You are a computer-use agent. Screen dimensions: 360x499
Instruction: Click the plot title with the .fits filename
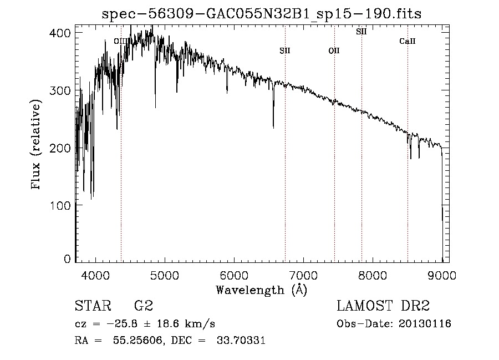click(x=262, y=14)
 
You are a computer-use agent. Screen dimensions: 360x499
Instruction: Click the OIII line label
click(x=120, y=41)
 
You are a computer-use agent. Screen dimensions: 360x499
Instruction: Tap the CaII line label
click(x=408, y=41)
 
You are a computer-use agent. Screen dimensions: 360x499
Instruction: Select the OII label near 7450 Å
click(x=334, y=51)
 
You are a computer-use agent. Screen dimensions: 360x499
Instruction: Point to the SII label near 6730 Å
click(x=285, y=51)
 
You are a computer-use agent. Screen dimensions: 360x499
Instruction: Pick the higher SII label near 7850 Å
click(x=361, y=32)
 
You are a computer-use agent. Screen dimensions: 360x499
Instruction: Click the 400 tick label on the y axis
click(x=60, y=33)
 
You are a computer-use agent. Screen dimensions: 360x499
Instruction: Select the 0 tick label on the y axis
click(x=67, y=259)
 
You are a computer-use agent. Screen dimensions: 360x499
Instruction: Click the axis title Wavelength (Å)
click(x=262, y=290)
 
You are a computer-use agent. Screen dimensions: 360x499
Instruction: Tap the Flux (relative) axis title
click(x=37, y=145)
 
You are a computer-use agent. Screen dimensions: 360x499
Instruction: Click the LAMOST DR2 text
click(x=383, y=306)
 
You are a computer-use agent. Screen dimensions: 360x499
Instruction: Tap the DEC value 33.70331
click(x=242, y=341)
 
